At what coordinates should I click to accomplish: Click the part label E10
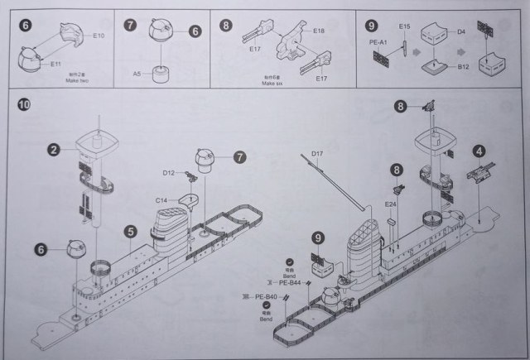(x=99, y=36)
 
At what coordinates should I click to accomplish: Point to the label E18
(x=320, y=30)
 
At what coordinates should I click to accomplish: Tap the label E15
(x=405, y=27)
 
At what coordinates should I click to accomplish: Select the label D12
(x=168, y=173)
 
